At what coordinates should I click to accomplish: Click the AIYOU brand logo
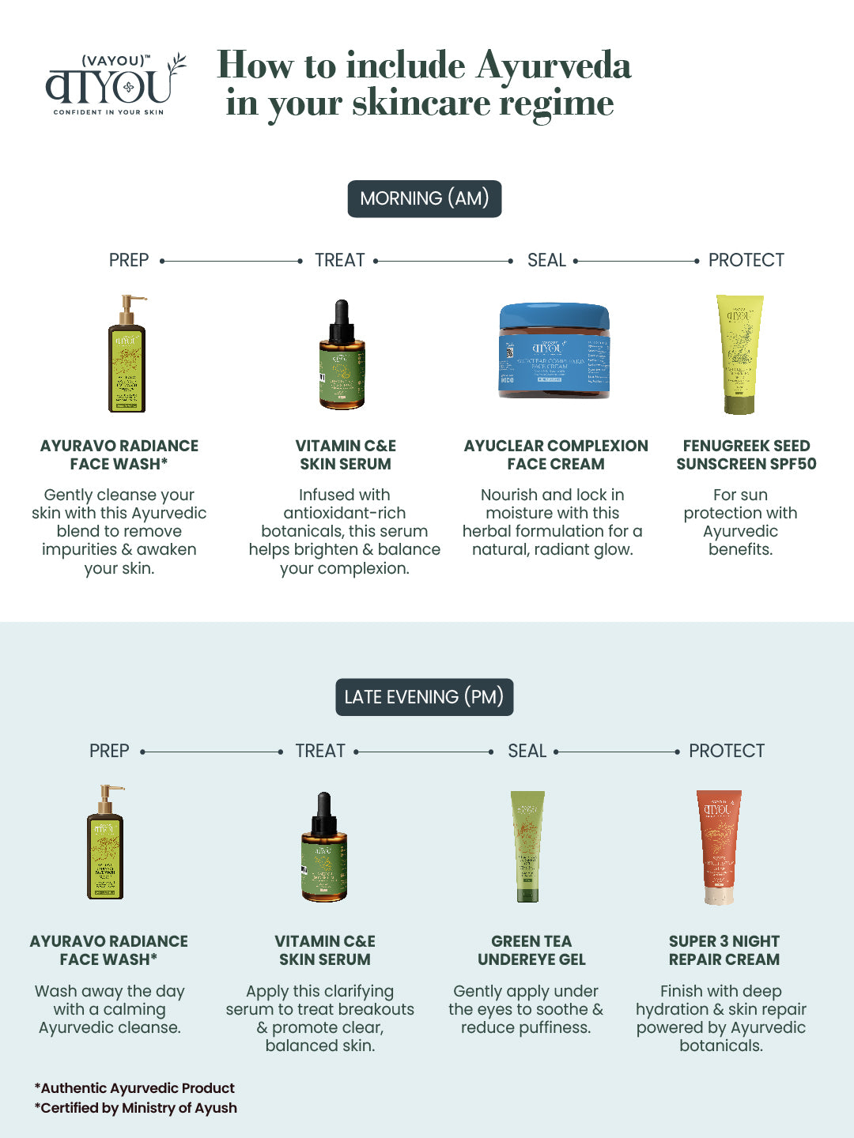coord(115,85)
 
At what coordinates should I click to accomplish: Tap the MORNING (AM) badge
coord(425,198)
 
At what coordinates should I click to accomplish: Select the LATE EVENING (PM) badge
coord(425,697)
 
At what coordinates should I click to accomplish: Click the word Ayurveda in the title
coord(554,65)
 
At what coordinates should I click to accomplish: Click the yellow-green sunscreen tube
coord(740,354)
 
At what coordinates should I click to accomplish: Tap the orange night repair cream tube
coord(719,846)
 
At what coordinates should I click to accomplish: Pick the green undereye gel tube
coord(527,846)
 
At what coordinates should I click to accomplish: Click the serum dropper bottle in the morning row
coord(342,355)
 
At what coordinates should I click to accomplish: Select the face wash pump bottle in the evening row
coord(106,843)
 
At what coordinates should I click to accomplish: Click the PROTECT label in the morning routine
coord(746,260)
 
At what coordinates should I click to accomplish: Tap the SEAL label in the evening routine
coord(527,751)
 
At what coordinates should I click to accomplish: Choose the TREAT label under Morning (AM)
coord(340,260)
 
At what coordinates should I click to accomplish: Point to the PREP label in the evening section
coord(109,751)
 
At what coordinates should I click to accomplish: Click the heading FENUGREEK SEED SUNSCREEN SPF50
coord(746,455)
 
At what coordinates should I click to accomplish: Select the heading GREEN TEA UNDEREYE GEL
coord(531,951)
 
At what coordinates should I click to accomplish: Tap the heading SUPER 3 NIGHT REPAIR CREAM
coord(724,951)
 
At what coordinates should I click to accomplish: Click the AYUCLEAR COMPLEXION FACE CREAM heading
coord(556,455)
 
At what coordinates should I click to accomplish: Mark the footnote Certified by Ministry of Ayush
coord(136,1108)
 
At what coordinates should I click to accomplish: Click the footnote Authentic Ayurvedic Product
coord(135,1088)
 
